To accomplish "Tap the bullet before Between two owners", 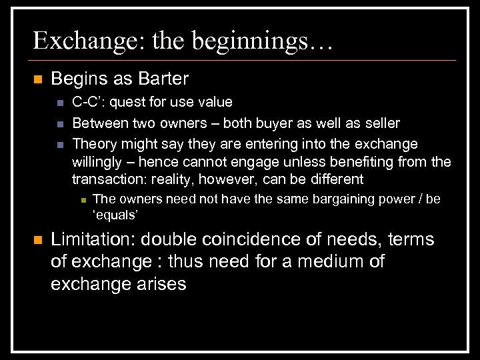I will click(x=59, y=123).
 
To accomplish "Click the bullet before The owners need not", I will click(x=80, y=199).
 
